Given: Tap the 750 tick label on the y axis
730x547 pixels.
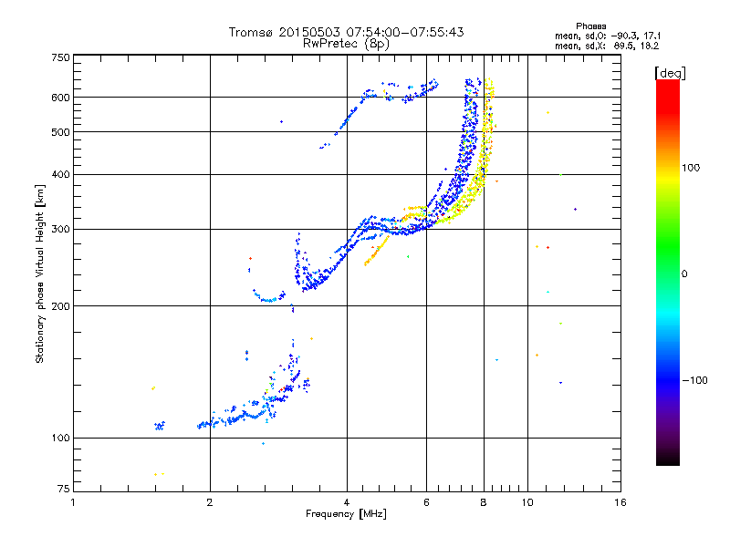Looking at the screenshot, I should (60, 57).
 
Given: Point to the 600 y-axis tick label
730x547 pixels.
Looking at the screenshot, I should (60, 98).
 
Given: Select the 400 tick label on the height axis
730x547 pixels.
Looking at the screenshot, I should (60, 174).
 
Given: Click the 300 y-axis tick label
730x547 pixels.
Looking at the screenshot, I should (60, 229).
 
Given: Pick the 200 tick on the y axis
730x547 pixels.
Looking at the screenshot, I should (60, 306).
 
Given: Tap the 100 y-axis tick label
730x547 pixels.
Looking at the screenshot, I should (60, 439).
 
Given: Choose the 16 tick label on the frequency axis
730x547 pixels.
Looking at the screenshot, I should (620, 502).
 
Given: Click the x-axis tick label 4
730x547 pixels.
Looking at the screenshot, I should (347, 502).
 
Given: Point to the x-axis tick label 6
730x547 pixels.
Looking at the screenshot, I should (426, 502).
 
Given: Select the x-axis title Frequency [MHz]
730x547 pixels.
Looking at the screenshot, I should (345, 515).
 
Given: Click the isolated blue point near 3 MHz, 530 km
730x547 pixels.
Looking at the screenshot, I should (281, 121).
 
